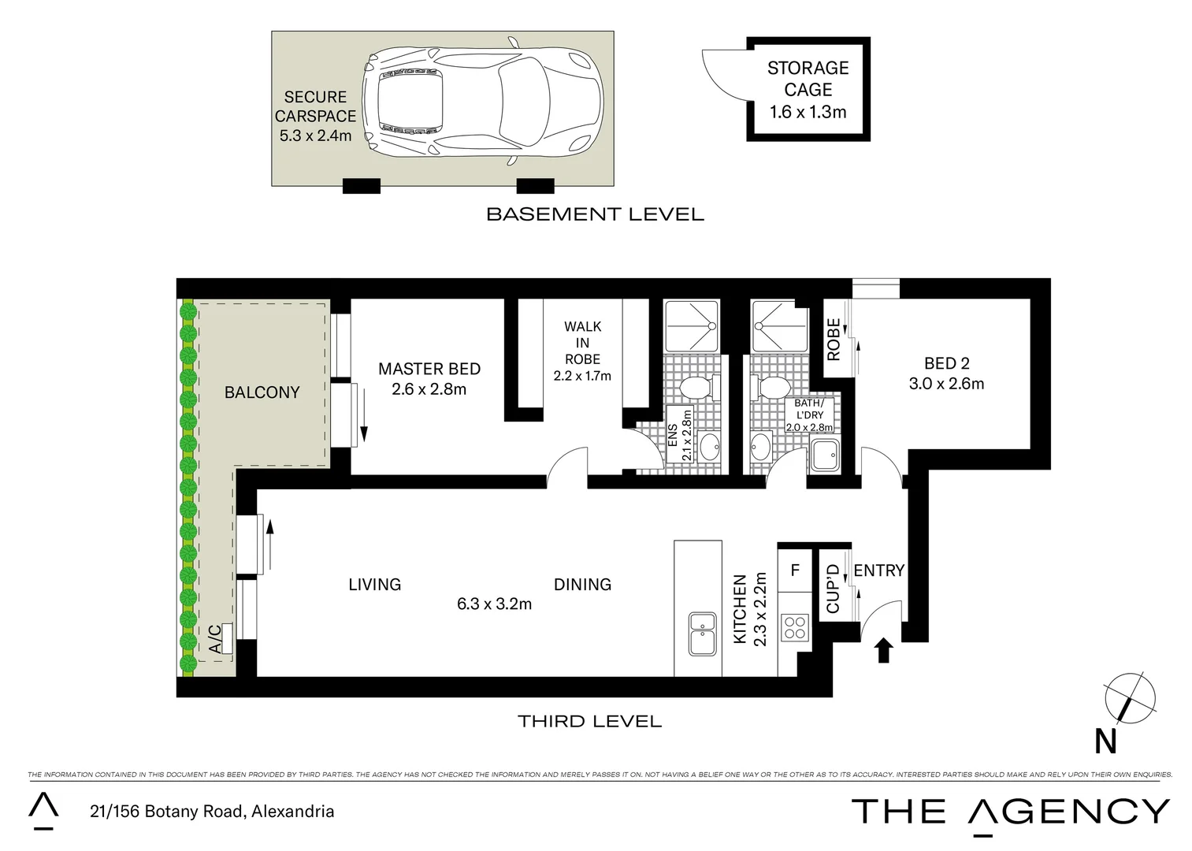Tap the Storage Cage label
(x=808, y=79)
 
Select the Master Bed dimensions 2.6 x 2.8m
(x=429, y=389)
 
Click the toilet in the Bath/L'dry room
(x=772, y=388)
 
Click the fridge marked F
(x=795, y=569)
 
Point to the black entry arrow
(x=883, y=650)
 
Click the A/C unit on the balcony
(x=227, y=638)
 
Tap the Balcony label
(x=262, y=392)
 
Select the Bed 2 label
(x=946, y=363)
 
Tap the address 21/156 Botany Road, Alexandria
(x=210, y=812)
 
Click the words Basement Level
(x=595, y=214)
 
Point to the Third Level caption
(x=589, y=720)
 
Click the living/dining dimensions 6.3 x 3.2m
(x=494, y=604)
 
